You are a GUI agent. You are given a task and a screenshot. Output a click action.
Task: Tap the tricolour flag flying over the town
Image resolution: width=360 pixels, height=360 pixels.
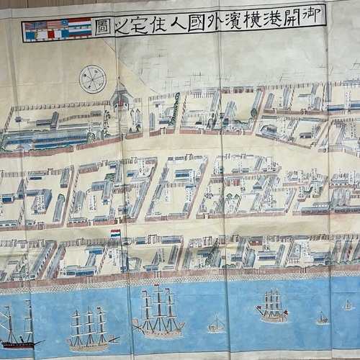click(x=115, y=233)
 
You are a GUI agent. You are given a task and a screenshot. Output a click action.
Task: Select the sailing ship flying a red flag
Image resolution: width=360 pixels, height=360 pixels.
click(x=272, y=305)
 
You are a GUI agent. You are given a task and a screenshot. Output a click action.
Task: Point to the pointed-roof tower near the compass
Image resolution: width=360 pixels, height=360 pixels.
click(x=120, y=97)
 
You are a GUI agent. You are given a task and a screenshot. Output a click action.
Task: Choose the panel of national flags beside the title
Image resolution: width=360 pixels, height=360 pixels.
click(x=57, y=30)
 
